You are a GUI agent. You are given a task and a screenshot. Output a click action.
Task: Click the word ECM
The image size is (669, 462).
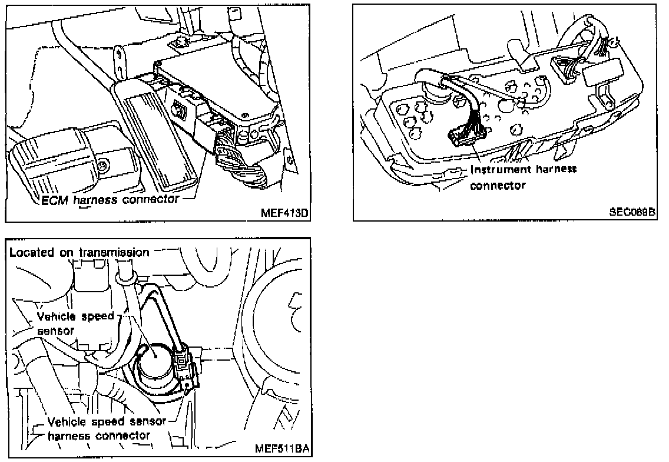(x=55, y=200)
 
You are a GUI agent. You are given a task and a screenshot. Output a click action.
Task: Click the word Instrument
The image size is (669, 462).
(x=496, y=170)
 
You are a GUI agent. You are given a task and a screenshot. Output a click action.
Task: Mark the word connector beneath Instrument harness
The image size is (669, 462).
(x=497, y=185)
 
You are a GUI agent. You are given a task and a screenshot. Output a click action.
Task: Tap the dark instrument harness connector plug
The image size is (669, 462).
(x=463, y=139)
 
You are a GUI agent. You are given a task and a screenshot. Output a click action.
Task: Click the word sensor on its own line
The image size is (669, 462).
(x=56, y=331)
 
